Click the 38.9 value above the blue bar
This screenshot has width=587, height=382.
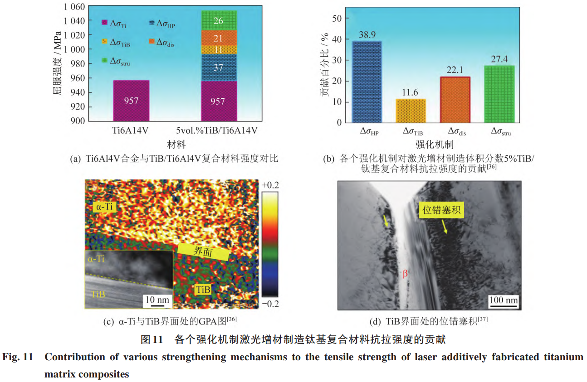point(367,35)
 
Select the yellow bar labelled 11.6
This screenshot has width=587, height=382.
point(411,111)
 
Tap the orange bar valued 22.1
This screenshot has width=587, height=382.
point(455,100)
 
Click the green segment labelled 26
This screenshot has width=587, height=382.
point(218,20)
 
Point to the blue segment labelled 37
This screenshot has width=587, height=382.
point(218,68)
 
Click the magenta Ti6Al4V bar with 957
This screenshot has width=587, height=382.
point(131,101)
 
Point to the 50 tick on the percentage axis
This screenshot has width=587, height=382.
point(337,19)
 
